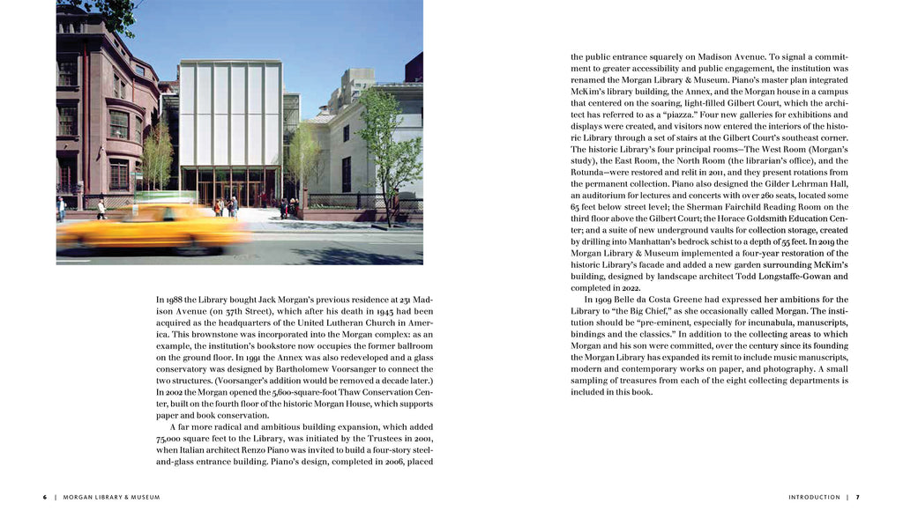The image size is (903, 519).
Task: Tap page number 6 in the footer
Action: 45,497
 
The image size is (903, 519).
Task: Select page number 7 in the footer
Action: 857,497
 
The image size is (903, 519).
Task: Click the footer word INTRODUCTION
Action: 814,497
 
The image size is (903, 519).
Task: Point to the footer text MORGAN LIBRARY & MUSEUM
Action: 111,497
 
